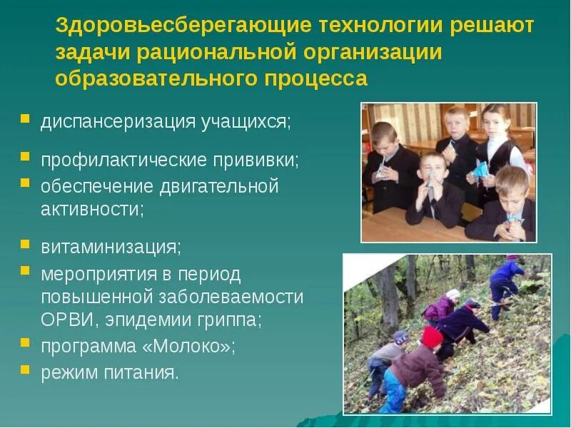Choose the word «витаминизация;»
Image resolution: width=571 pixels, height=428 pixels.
pyautogui.click(x=111, y=247)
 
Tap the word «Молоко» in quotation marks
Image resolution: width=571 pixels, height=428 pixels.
pyautogui.click(x=192, y=346)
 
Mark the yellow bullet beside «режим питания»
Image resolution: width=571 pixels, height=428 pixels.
pyautogui.click(x=25, y=370)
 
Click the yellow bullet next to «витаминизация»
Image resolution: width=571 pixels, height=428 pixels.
pyautogui.click(x=25, y=245)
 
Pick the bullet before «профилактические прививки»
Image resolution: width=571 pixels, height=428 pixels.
pyautogui.click(x=25, y=156)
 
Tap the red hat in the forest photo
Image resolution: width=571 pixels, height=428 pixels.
pyautogui.click(x=431, y=335)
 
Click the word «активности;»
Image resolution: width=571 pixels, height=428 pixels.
pyautogui.click(x=93, y=210)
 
